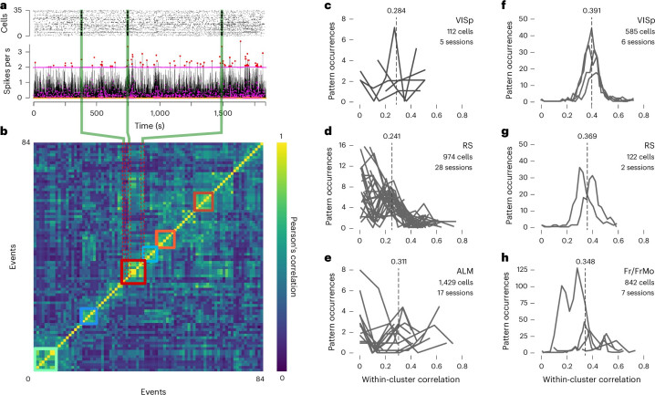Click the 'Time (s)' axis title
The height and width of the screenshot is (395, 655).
point(149,117)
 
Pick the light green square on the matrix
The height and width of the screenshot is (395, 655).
point(43,359)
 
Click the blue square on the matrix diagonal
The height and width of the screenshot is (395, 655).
point(88,317)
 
